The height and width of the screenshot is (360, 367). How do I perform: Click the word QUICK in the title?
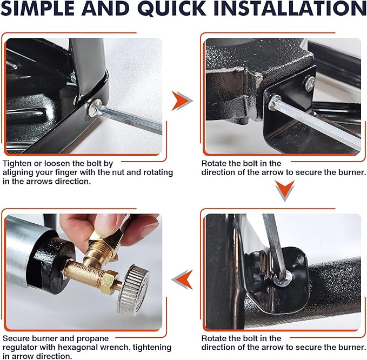(x=173, y=9)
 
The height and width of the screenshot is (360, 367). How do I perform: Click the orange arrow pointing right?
(x=182, y=101)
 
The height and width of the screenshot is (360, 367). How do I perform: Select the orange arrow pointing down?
(x=285, y=190)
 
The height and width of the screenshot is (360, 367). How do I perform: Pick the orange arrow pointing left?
(x=183, y=279)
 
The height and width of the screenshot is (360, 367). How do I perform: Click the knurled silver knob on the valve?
(x=133, y=290)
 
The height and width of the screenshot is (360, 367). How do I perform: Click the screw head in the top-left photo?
(x=95, y=108)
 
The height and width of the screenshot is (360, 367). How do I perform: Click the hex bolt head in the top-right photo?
(x=274, y=102)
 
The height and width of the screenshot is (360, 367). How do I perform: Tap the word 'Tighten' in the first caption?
(x=17, y=164)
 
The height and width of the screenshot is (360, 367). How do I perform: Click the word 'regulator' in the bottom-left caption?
(x=20, y=348)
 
